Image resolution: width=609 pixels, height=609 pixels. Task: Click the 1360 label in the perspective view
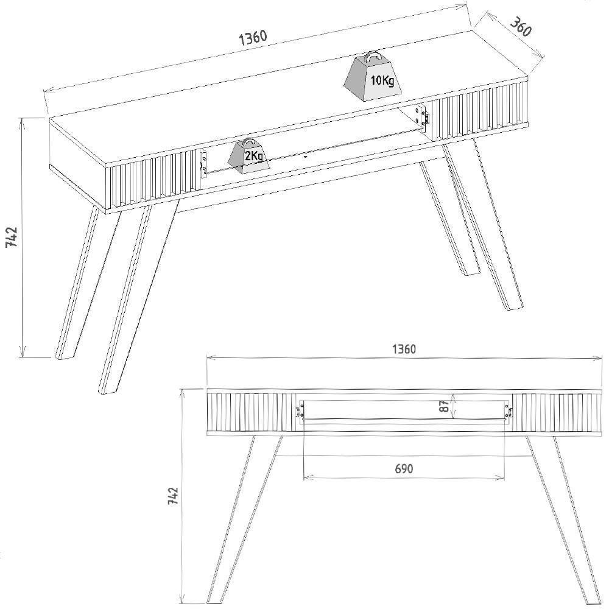coord(253,38)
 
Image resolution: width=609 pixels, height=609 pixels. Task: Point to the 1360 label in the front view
coord(403,349)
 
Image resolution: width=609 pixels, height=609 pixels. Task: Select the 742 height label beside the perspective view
coord(12,237)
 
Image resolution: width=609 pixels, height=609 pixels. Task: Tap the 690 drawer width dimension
coord(403,468)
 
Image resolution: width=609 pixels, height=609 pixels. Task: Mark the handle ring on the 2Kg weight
coord(247,143)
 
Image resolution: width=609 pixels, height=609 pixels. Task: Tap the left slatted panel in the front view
coord(244,412)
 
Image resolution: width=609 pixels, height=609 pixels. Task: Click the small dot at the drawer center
coord(304,156)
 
